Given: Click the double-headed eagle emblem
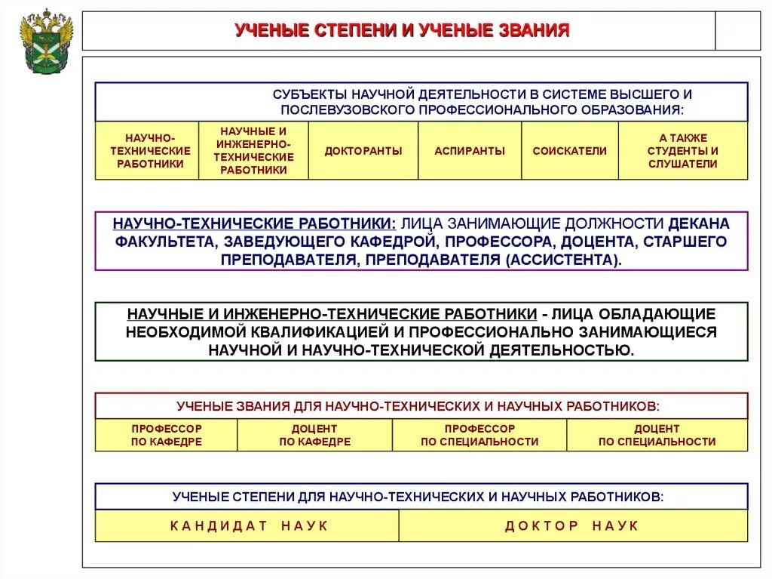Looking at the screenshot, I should pyautogui.click(x=46, y=41).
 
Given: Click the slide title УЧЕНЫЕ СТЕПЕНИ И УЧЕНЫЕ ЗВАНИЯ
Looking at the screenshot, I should pyautogui.click(x=401, y=31).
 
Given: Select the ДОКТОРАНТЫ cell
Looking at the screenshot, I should pyautogui.click(x=363, y=151).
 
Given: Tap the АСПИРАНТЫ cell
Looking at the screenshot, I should pyautogui.click(x=470, y=151).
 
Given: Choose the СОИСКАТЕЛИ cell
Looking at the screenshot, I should pyautogui.click(x=569, y=151).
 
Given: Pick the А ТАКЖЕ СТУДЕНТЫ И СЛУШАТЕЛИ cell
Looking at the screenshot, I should pyautogui.click(x=683, y=151).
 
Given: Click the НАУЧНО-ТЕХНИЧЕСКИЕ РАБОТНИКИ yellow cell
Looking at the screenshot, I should pyautogui.click(x=147, y=151).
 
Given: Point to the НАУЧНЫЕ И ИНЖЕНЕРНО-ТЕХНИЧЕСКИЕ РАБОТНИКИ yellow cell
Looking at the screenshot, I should pyautogui.click(x=253, y=151).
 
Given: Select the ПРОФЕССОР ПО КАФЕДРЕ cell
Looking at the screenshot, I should pyautogui.click(x=166, y=435).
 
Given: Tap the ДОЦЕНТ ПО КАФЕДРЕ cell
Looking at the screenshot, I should pyautogui.click(x=314, y=435).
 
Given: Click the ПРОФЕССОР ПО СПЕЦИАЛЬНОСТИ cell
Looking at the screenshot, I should pyautogui.click(x=479, y=435).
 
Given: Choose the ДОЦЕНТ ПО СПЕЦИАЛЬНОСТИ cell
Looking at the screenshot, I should pyautogui.click(x=657, y=435).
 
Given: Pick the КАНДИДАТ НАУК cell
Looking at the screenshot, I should pyautogui.click(x=249, y=525).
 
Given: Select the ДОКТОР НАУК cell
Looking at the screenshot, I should pyautogui.click(x=571, y=525).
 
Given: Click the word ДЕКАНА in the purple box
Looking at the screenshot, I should pyautogui.click(x=699, y=224).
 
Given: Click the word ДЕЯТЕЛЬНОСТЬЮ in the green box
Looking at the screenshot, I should pyautogui.click(x=562, y=350).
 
